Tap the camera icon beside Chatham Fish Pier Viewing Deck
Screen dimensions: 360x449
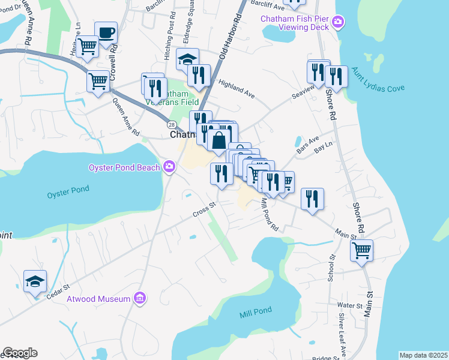tap(339, 23)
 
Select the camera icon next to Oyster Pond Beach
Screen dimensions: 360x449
tap(170, 166)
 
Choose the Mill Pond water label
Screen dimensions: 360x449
tap(256, 310)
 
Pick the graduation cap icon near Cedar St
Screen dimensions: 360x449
tap(35, 280)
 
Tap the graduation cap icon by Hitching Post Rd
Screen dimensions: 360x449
tap(187, 60)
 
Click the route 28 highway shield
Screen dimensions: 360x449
tap(172, 124)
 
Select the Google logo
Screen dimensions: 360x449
tap(20, 353)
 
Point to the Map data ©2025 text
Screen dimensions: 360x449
tap(423, 355)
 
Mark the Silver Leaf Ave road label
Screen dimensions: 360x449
tap(342, 336)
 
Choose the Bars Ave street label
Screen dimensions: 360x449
tap(307, 148)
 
